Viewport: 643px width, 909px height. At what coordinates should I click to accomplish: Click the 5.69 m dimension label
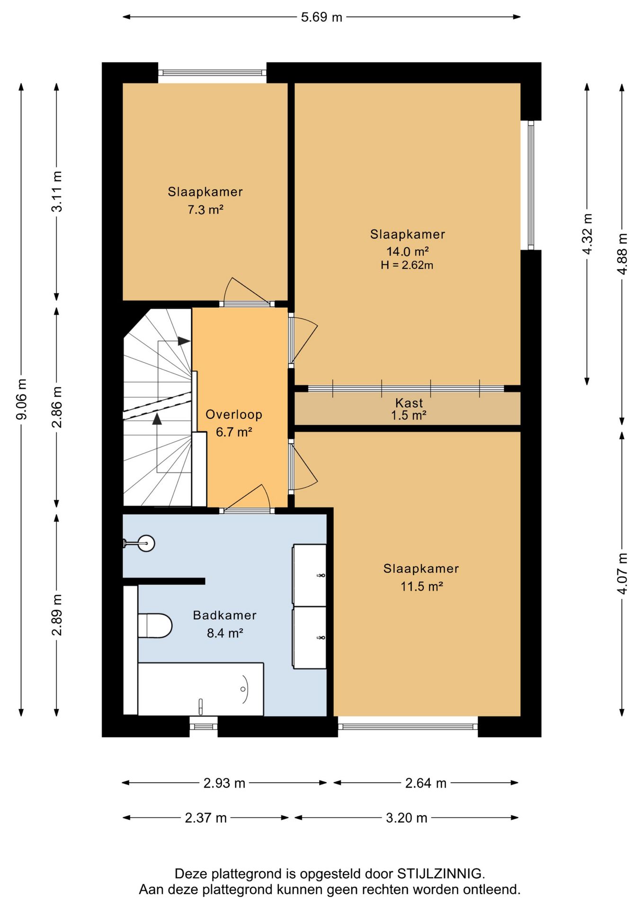point(321,17)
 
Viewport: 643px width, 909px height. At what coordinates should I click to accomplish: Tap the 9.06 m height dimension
point(22,399)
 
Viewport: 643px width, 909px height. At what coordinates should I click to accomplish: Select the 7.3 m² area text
point(205,209)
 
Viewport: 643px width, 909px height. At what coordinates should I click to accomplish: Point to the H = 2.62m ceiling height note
point(407,265)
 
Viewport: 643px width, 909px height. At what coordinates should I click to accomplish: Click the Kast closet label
point(409,403)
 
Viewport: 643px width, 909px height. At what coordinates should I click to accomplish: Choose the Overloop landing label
point(233,414)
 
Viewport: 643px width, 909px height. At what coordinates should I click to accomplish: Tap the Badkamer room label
point(224,615)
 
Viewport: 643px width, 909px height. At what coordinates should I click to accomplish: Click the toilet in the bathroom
point(155,625)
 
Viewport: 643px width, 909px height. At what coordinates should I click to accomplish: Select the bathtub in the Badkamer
point(200,689)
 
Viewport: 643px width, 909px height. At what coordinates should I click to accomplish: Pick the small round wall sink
point(141,543)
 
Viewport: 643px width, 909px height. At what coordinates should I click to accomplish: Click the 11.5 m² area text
point(421,587)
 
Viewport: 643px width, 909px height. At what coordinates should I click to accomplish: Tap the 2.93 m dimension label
point(224,783)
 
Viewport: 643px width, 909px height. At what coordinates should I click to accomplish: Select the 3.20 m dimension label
point(406,818)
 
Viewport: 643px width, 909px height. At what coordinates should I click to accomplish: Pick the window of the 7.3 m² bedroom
point(212,73)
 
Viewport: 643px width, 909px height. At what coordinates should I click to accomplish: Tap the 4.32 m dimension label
point(587,234)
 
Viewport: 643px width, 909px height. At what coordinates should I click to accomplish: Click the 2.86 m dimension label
point(57,407)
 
